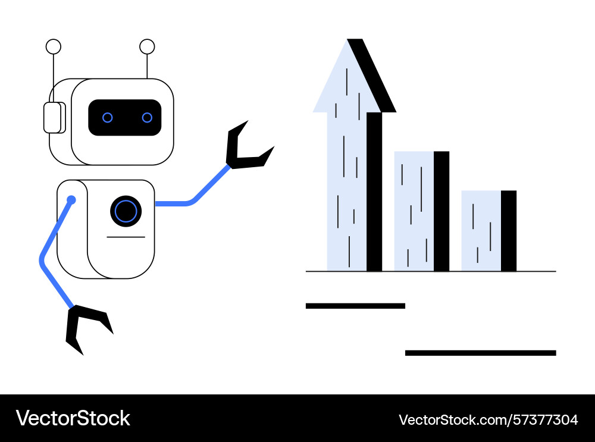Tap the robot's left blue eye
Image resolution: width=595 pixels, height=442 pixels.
[107, 118]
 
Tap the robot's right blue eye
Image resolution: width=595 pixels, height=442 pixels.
[147, 118]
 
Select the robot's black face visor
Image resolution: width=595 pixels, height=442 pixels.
[125, 118]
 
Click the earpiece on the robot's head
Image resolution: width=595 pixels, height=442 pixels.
[54, 118]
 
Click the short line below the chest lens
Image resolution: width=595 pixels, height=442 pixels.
[126, 237]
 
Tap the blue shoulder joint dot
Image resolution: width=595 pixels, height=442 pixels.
[71, 199]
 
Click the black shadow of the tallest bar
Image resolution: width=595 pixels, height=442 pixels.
[374, 192]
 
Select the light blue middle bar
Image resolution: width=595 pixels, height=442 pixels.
[414, 211]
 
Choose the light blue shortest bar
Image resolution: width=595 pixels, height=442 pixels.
[481, 231]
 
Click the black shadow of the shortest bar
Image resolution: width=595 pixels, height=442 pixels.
[509, 231]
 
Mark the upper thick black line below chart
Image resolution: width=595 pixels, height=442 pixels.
[356, 306]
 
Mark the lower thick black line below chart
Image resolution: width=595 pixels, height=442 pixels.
[481, 353]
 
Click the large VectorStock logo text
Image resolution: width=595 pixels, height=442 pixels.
[73, 418]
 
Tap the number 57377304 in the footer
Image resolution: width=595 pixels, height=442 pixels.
[545, 420]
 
